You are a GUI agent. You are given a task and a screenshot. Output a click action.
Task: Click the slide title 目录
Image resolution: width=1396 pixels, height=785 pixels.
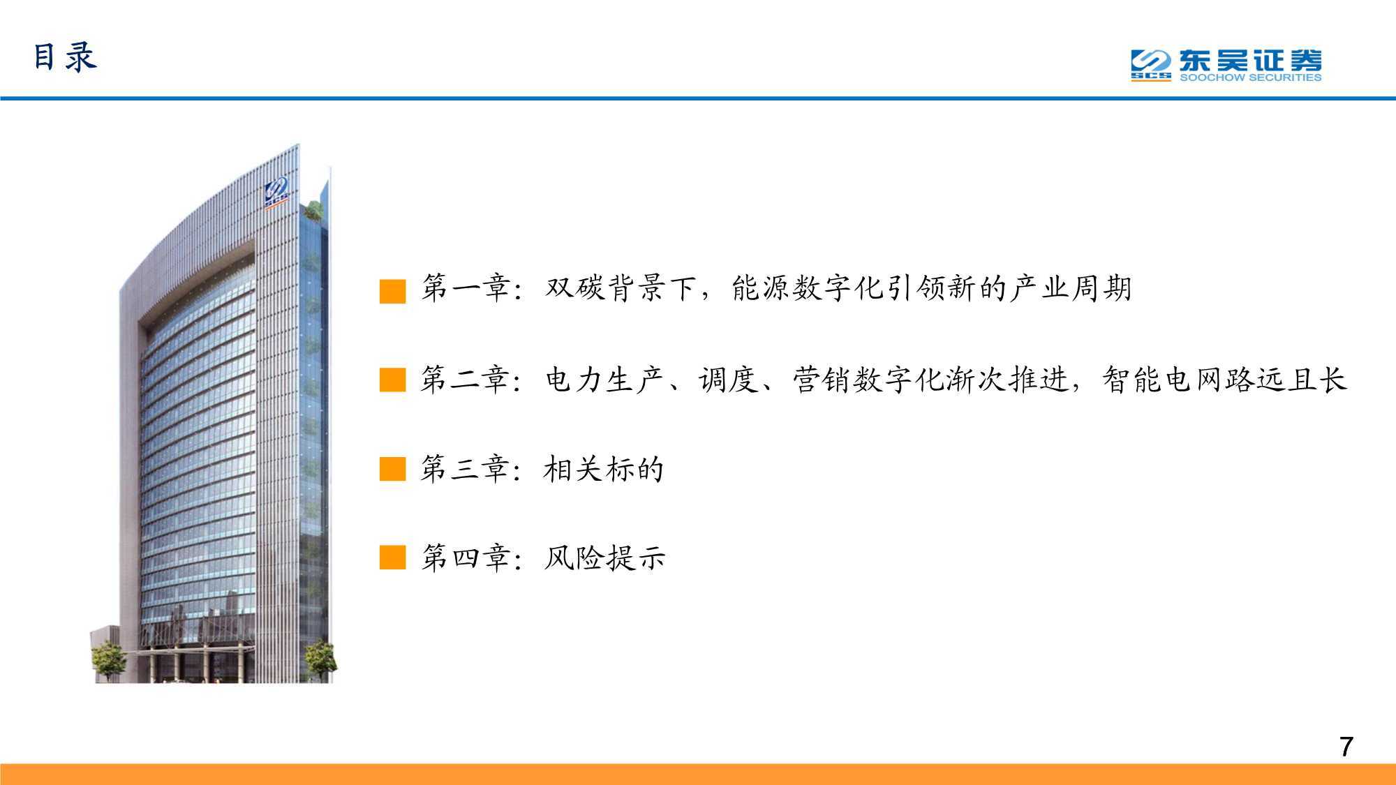click(x=65, y=57)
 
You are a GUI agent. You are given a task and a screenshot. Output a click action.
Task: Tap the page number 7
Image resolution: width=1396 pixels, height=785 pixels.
click(x=1346, y=747)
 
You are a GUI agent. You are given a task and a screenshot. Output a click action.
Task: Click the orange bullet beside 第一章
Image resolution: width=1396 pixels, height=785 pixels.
click(x=392, y=291)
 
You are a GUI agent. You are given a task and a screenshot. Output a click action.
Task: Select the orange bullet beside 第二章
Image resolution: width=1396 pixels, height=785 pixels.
click(x=392, y=380)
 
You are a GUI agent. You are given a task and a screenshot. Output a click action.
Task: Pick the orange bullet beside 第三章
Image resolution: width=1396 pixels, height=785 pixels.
click(x=392, y=470)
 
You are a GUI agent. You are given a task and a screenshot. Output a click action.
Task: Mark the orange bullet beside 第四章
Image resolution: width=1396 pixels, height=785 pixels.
click(x=392, y=558)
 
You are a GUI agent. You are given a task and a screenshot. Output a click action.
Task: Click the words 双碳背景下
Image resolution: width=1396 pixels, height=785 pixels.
click(x=621, y=288)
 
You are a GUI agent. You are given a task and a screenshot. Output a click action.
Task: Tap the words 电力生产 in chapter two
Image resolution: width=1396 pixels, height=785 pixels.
click(x=606, y=380)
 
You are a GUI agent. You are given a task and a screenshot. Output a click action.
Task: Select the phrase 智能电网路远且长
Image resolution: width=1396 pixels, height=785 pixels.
click(x=1224, y=380)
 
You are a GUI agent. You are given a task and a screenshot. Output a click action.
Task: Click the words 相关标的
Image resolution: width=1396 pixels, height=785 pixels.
click(x=604, y=469)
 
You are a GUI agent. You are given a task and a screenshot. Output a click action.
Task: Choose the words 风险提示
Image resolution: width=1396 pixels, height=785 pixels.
click(x=604, y=558)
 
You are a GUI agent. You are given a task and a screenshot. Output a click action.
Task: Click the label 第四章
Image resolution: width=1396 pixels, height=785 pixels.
click(x=465, y=558)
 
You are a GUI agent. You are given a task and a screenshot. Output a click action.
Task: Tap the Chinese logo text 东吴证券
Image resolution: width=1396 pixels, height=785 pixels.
click(x=1250, y=60)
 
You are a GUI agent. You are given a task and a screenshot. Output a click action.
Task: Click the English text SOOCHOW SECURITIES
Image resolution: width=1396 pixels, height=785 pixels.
click(x=1250, y=77)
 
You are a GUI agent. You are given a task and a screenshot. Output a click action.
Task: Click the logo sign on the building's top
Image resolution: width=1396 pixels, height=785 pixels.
click(x=277, y=193)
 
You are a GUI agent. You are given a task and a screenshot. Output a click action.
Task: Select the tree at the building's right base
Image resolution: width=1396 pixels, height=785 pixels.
click(x=320, y=659)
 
